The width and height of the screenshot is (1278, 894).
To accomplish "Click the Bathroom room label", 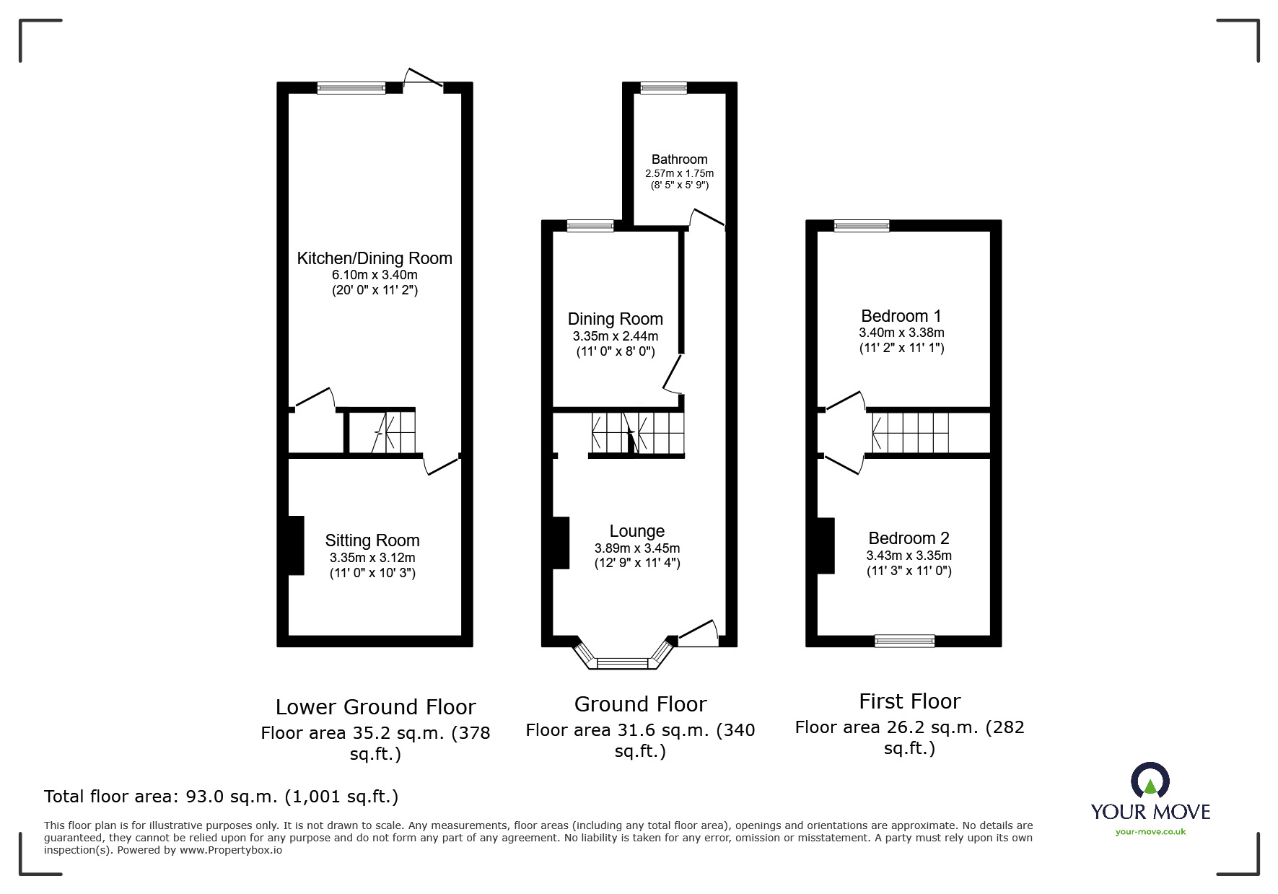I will [679, 159].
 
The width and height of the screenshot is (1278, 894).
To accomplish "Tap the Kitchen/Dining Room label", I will [375, 258].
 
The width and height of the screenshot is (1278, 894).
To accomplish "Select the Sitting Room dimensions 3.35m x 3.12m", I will [372, 558].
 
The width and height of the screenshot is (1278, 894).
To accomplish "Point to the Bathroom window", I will [664, 88].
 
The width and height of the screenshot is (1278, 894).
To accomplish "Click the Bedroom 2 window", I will [904, 640].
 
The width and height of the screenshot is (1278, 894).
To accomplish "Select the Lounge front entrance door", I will [697, 633].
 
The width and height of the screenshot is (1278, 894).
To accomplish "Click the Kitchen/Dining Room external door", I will [424, 79].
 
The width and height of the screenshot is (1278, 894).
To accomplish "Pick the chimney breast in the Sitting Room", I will [296, 545].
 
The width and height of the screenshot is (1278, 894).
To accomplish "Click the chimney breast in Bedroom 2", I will [826, 545].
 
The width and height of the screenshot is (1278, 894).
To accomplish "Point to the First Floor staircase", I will [910, 432].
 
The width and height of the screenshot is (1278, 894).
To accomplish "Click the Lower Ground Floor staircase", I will [395, 432].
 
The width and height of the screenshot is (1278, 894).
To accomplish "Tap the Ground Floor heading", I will [640, 704].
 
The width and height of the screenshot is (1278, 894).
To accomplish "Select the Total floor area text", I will [221, 797].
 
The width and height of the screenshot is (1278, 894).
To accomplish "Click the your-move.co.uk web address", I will [1150, 832].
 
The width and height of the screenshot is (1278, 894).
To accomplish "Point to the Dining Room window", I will [590, 227].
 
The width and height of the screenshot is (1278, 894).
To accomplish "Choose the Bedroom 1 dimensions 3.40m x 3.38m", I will [901, 333].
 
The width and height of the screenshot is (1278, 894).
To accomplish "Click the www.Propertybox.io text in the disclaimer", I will [231, 850].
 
